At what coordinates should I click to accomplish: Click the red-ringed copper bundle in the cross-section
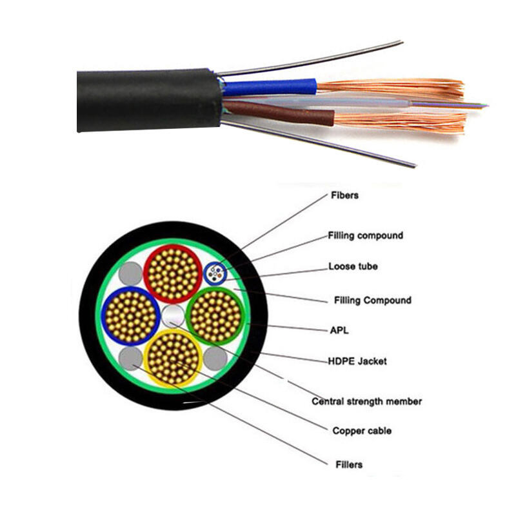pyautogui.click(x=172, y=274)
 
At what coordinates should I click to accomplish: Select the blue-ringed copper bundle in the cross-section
pyautogui.click(x=131, y=316)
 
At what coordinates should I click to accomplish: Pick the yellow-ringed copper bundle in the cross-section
pyautogui.click(x=172, y=357)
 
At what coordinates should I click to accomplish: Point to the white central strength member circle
pyautogui.click(x=172, y=316)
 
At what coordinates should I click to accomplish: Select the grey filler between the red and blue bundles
pyautogui.click(x=131, y=274)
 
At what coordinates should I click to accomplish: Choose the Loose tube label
pyautogui.click(x=353, y=266)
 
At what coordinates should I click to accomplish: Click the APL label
pyautogui.click(x=339, y=330)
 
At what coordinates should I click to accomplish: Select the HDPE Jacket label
pyautogui.click(x=358, y=361)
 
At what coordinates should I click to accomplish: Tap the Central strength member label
pyautogui.click(x=366, y=401)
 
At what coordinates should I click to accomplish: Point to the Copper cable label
pyautogui.click(x=361, y=430)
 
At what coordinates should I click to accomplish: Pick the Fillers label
pyautogui.click(x=349, y=464)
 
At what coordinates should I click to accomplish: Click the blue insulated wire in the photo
pyautogui.click(x=271, y=87)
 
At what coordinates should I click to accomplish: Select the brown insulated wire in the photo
pyautogui.click(x=277, y=113)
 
